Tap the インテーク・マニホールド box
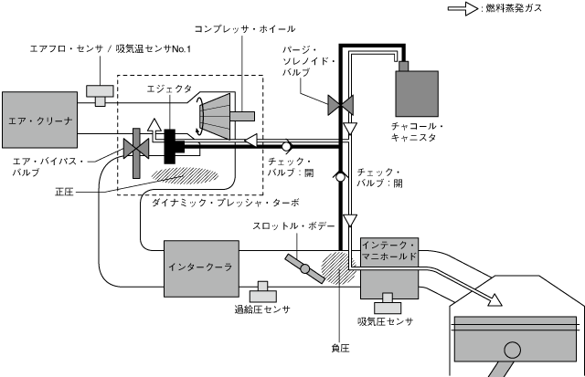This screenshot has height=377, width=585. pos(388,252)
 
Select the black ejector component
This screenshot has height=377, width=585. pos(172,145)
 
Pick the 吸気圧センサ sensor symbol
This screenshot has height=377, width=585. pos(388,299)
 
